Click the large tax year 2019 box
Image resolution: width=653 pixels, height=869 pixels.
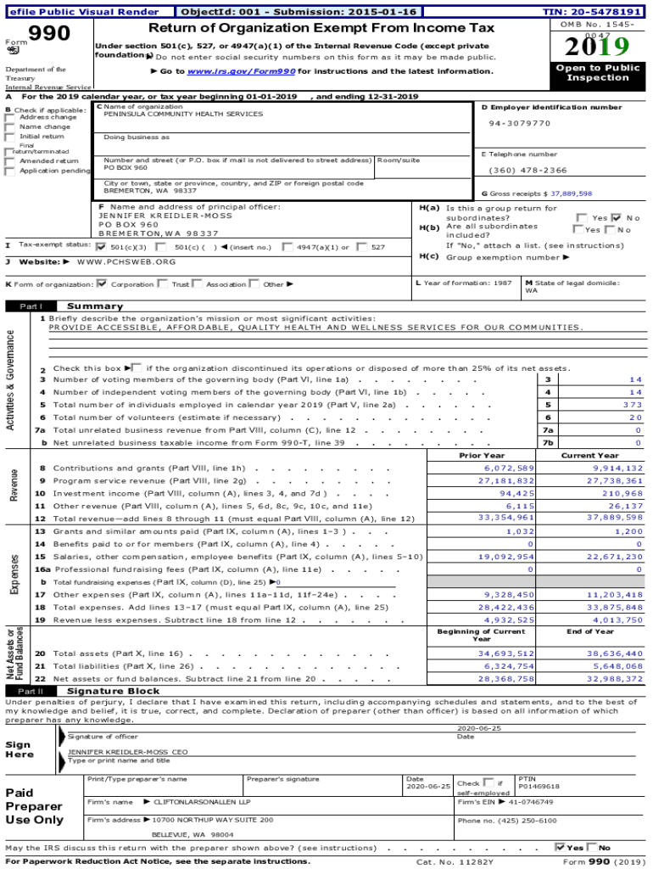click(599, 46)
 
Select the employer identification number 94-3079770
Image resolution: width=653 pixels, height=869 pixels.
click(519, 123)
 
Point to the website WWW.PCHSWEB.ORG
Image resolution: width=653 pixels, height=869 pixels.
click(126, 261)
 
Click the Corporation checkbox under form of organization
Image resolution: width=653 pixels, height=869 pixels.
click(103, 284)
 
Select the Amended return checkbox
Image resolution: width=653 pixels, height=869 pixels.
click(9, 160)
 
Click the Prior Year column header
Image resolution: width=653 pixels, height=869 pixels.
click(481, 456)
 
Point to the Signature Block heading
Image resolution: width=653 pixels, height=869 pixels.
click(101, 692)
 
